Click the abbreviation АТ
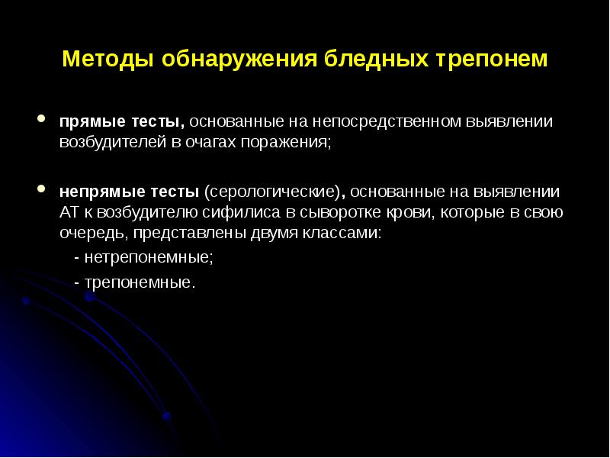tap(70, 212)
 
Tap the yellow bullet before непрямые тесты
tap(43, 188)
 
